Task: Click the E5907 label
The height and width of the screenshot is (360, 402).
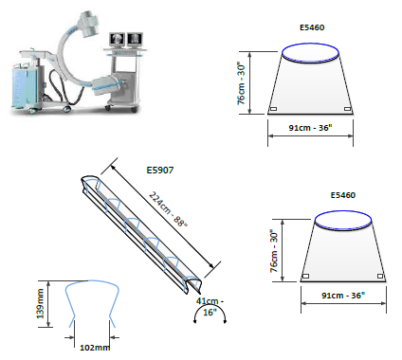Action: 160,171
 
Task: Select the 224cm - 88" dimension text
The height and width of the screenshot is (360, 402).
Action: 169,209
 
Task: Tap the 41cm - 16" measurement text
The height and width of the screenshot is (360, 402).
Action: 210,307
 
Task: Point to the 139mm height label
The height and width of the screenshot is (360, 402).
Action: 41,304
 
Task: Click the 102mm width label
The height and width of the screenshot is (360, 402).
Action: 95,348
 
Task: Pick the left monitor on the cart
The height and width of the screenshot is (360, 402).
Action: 118,39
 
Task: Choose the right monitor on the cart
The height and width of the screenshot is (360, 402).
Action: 135,39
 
